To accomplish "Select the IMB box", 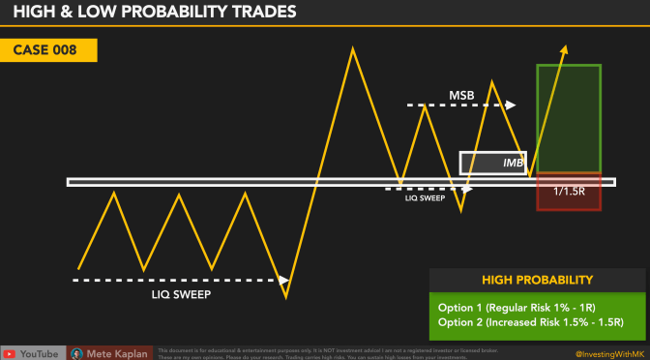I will coord(493,163).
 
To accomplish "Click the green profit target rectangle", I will coord(569,118).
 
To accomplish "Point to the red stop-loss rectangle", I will coord(569,191).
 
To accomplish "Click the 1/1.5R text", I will coord(568,192).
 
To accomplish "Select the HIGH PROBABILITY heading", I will coord(537,281).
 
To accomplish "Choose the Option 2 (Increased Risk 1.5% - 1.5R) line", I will coord(530,321).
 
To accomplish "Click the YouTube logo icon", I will coord(10,352).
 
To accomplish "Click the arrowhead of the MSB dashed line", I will coord(512,104).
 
